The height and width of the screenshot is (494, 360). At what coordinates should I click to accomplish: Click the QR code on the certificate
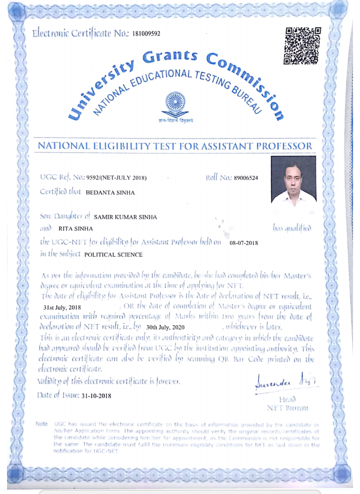[x=302, y=46]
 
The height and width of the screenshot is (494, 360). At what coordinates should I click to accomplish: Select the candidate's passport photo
[x=293, y=179]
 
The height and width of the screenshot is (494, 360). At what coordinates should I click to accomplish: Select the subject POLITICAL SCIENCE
[x=113, y=254]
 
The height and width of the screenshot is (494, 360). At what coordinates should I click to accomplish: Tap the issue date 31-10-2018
[x=96, y=395]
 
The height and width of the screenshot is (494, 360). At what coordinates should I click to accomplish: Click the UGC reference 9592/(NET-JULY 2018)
[x=116, y=178]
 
